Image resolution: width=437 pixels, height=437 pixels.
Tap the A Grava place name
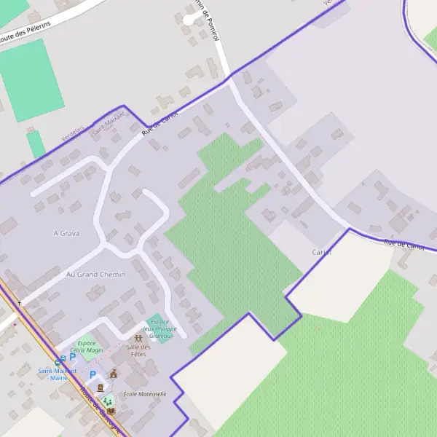click(x=66, y=233)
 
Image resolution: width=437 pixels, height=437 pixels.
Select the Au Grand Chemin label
click(x=95, y=275)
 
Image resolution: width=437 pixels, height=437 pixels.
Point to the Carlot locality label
click(x=322, y=252)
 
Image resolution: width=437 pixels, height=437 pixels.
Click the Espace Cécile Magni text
click(x=87, y=346)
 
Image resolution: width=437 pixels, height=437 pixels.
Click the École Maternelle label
click(x=144, y=394)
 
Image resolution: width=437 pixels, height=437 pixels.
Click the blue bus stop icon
click(x=59, y=361)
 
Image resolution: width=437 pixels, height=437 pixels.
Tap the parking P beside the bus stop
click(x=72, y=358)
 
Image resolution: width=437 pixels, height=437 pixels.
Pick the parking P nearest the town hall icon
click(x=92, y=375)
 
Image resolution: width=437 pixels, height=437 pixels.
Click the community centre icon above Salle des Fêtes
click(x=138, y=338)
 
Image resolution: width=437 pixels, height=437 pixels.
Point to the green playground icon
click(x=108, y=401)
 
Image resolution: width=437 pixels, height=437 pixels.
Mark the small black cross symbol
click(x=20, y=302)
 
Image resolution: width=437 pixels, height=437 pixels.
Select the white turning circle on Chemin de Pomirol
click(x=189, y=20)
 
